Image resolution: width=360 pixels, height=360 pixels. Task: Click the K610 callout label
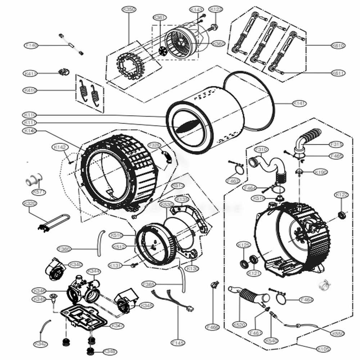coord(338,46)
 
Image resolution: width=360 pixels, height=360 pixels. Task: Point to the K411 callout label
coord(31,73)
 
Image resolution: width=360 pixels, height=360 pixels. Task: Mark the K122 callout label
coord(342,195)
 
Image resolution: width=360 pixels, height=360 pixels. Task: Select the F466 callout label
coord(212,327)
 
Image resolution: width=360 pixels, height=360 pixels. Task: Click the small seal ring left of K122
coord(341,215)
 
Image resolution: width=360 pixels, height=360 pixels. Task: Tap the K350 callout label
coord(129,10)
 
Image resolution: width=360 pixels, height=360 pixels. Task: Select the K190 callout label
coord(320,172)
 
